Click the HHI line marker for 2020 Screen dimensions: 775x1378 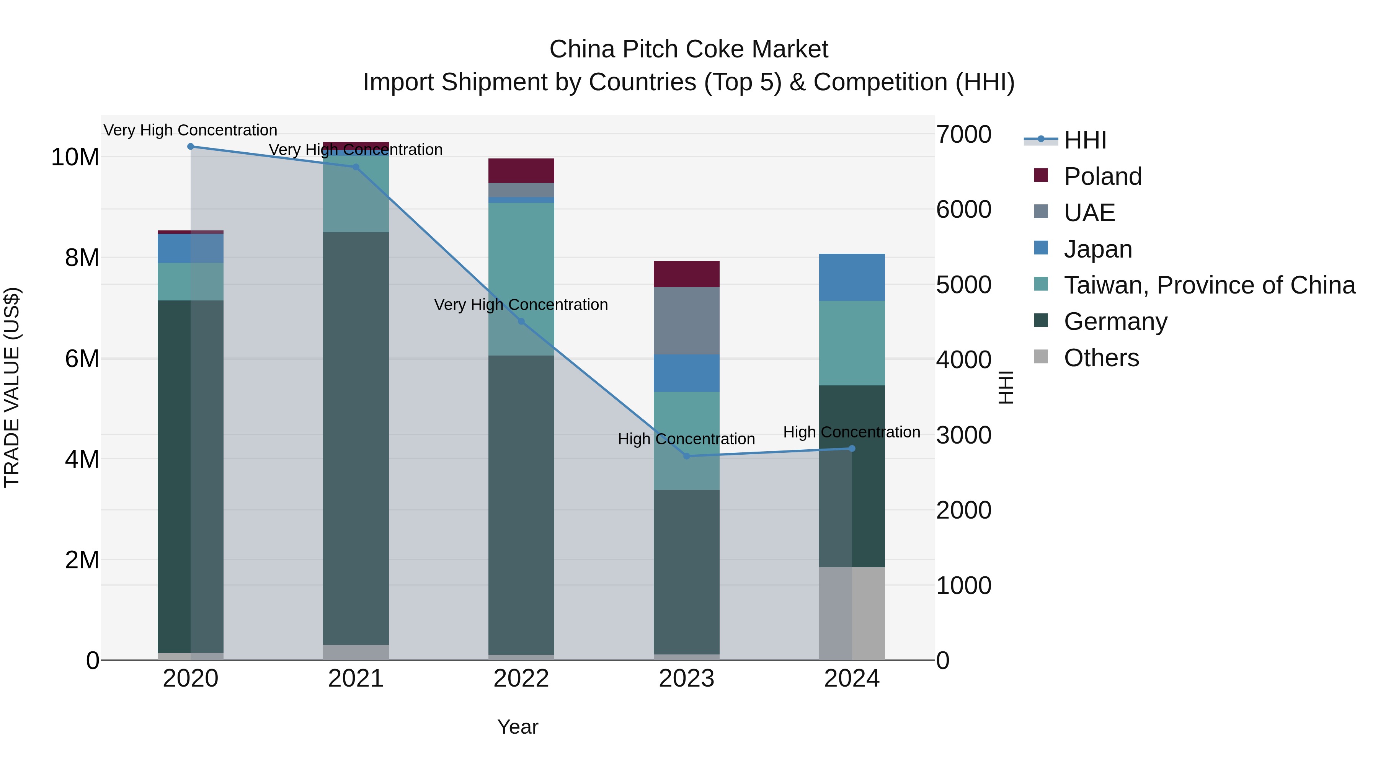click(x=191, y=147)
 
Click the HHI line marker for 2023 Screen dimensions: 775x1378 click(x=686, y=456)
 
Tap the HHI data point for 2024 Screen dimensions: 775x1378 click(x=852, y=449)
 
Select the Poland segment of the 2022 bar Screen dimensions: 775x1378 click(x=521, y=171)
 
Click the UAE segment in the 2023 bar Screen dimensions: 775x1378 click(x=686, y=321)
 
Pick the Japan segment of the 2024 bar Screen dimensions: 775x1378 click(x=852, y=277)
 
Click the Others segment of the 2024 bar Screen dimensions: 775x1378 click(x=852, y=613)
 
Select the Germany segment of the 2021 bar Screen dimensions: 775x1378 click(x=356, y=439)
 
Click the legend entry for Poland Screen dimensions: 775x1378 click(x=1102, y=176)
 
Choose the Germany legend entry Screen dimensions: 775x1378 click(x=1115, y=321)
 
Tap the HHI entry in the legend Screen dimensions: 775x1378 click(x=1085, y=140)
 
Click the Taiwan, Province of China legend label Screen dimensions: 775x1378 click(x=1209, y=285)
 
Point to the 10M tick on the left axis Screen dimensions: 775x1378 click(x=75, y=157)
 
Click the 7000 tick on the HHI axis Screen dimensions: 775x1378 click(x=963, y=134)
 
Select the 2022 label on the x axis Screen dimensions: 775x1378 click(x=521, y=679)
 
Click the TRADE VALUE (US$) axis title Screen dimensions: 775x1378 click(x=12, y=387)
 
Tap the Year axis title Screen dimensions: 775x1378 click(x=517, y=727)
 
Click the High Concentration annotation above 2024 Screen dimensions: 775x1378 click(x=852, y=432)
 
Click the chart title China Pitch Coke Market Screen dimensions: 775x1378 click(x=689, y=49)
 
